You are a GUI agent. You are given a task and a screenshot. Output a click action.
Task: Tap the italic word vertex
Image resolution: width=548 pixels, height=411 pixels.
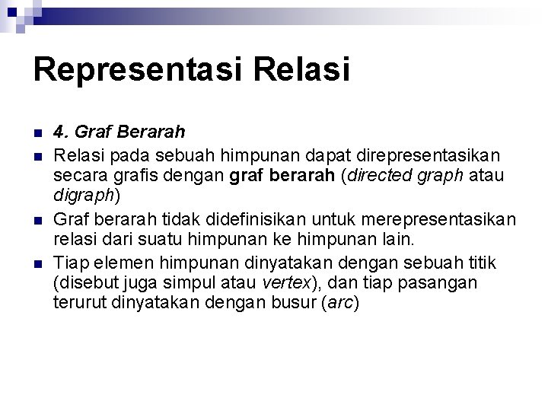(285, 283)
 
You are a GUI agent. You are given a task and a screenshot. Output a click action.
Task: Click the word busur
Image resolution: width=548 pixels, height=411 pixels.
(292, 303)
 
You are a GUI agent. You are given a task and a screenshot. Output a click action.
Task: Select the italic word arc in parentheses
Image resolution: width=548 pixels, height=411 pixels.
(340, 303)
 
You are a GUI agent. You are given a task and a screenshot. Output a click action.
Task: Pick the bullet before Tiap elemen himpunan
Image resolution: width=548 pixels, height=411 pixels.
(37, 264)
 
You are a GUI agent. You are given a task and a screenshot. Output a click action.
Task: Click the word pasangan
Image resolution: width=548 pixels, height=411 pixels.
(443, 283)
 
